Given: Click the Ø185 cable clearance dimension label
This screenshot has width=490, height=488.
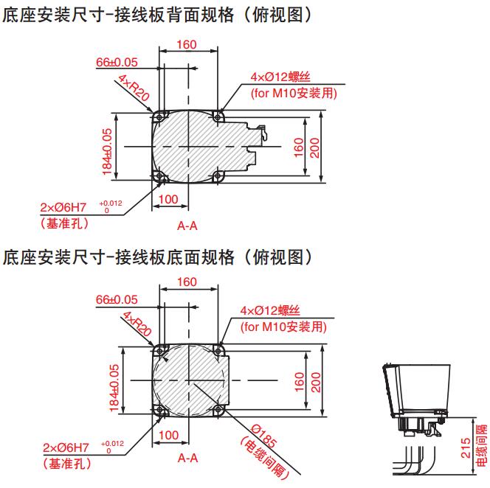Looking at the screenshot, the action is [x=264, y=436].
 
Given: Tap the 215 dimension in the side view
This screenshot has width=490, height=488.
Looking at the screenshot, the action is [x=466, y=448].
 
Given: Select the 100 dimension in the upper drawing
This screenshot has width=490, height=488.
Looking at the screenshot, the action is [x=168, y=199].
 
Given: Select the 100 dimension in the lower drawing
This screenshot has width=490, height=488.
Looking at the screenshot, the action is [x=169, y=435].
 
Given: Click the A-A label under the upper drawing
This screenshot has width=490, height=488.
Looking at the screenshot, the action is [x=187, y=226].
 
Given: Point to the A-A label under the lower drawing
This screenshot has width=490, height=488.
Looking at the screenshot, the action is [x=188, y=458].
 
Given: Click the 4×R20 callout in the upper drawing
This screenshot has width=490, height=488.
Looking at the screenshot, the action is [x=134, y=88].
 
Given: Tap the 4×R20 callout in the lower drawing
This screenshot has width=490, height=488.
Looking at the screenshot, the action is [x=137, y=324].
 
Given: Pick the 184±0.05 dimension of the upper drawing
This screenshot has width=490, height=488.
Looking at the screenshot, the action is [x=107, y=152].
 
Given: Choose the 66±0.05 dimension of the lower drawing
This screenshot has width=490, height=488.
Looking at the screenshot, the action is [x=117, y=300].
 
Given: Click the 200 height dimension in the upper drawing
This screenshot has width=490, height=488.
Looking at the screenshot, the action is [x=314, y=148].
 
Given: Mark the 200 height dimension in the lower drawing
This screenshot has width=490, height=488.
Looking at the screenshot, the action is [x=316, y=382].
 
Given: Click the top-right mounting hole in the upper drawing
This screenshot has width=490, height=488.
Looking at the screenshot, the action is [x=218, y=117].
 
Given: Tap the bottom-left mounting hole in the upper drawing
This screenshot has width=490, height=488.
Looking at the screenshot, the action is [x=159, y=176].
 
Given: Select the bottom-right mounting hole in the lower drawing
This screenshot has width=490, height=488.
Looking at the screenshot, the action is [x=218, y=410].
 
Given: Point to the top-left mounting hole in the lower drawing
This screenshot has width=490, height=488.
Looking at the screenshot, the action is [x=160, y=351].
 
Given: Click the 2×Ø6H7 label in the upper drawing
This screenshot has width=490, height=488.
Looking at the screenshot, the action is [x=63, y=207].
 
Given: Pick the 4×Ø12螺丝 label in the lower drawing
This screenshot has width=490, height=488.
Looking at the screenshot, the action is [x=270, y=310].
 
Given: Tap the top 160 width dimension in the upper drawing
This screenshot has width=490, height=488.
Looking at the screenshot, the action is [x=187, y=45].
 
